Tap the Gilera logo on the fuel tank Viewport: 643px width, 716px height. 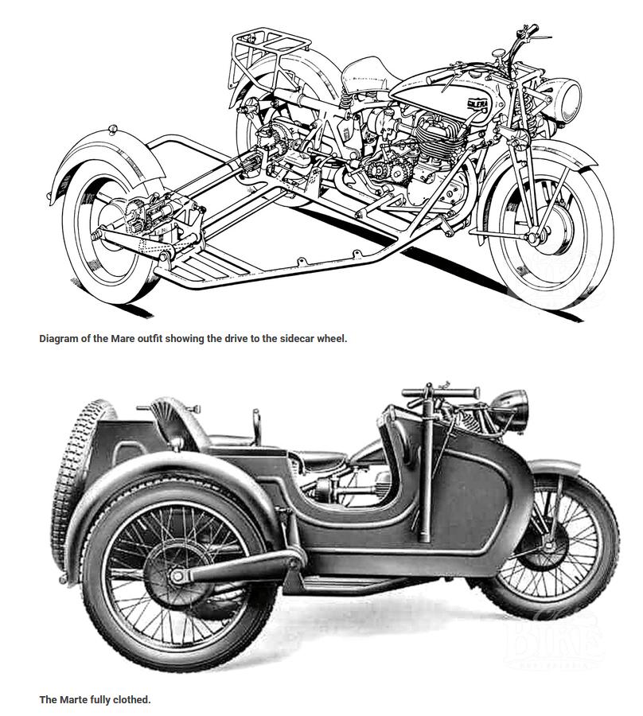(477, 104)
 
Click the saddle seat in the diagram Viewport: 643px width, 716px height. (365, 76)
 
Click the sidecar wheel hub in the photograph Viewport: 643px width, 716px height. (177, 575)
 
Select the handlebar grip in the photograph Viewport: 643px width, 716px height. (465, 391)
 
